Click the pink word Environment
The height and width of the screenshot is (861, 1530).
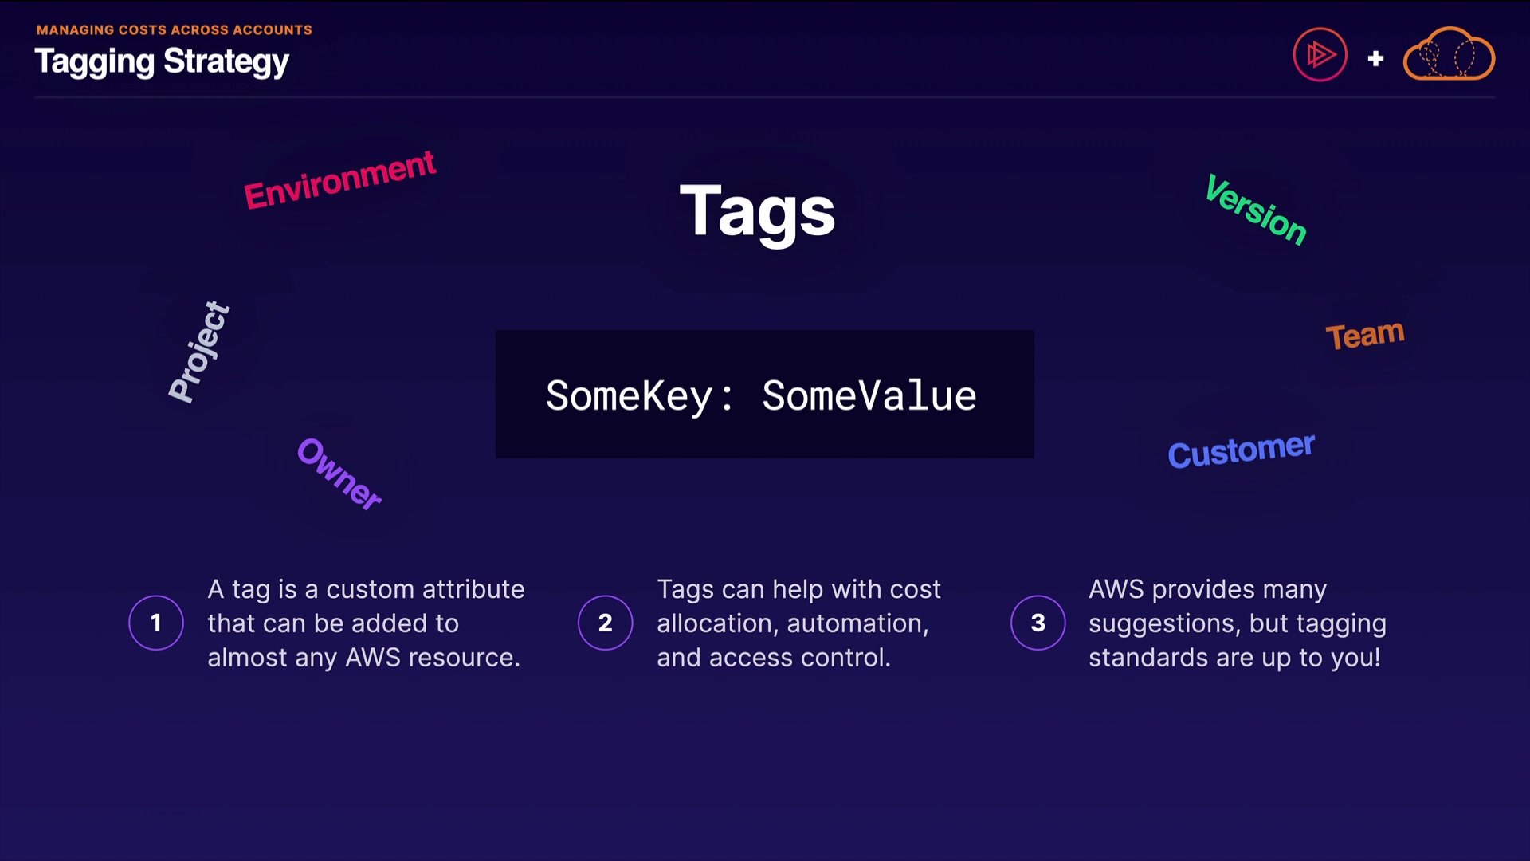pos(339,180)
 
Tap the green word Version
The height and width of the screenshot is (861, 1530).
pos(1256,210)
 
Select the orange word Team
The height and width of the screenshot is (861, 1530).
pos(1364,335)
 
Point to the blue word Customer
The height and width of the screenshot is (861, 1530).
pos(1241,450)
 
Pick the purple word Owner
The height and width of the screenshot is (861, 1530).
pos(339,474)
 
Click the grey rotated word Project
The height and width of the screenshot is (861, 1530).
pos(199,352)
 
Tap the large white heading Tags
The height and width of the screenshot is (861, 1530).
pos(757,211)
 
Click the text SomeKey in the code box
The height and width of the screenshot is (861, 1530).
pos(629,396)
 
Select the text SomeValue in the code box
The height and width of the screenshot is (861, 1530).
pos(869,396)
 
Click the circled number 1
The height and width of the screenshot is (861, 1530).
pos(156,623)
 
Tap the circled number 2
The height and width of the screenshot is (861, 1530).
pos(606,623)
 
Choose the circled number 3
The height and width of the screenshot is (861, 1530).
pos(1038,623)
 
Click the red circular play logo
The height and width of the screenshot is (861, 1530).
pos(1320,55)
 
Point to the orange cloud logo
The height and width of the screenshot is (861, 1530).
pos(1449,55)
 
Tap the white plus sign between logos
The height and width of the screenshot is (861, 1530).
pos(1375,58)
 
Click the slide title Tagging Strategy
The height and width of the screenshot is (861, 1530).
pos(162,62)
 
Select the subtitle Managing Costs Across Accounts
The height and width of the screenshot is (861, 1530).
pos(175,30)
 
